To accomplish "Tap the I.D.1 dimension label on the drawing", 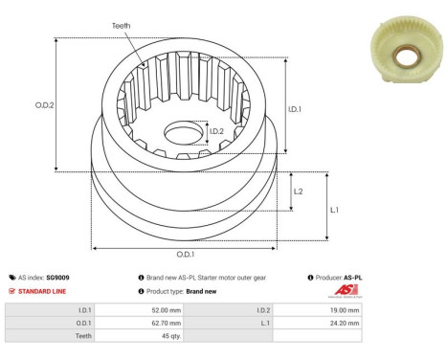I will click(296, 109).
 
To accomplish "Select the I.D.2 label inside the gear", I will click(216, 131).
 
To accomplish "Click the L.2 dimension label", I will click(298, 191).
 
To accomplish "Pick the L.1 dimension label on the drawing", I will click(335, 209).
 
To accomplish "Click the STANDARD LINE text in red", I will click(39, 290).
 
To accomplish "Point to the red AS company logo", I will click(345, 290).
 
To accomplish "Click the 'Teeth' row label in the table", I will click(81, 337).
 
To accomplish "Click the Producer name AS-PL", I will click(352, 277).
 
